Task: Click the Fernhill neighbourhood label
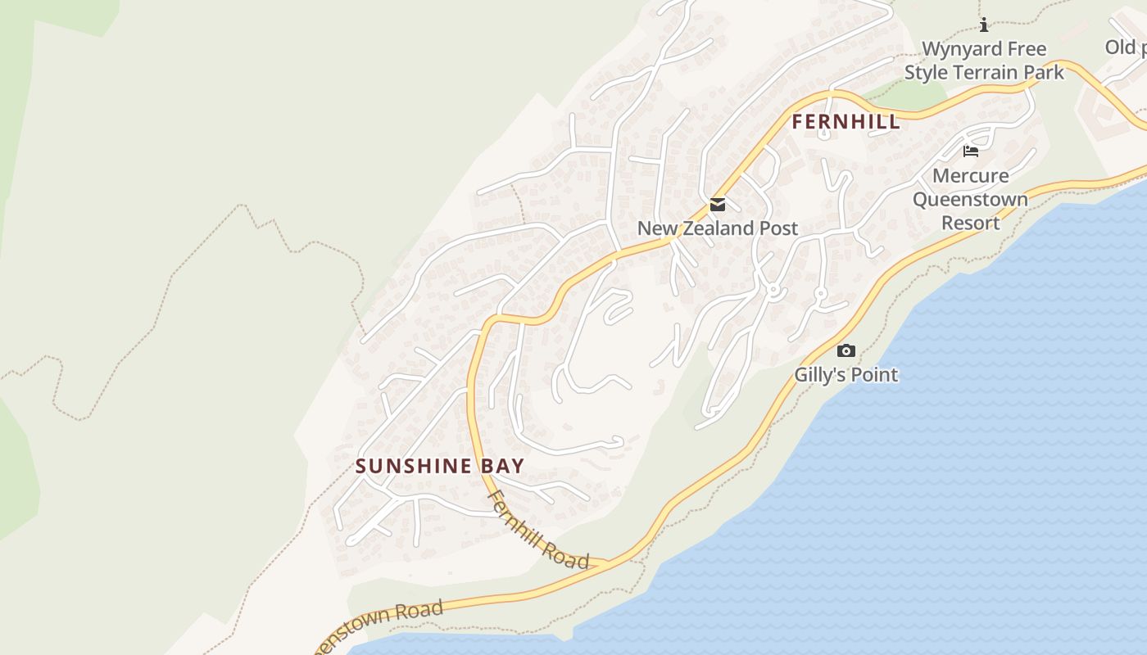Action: tap(846, 123)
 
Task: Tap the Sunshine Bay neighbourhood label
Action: tap(440, 467)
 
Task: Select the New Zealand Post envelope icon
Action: tap(718, 205)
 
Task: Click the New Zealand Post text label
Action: tap(718, 228)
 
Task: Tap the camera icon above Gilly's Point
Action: tap(846, 351)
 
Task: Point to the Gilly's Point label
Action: tap(846, 375)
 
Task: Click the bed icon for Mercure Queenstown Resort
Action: tap(971, 151)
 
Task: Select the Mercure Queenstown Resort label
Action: tap(970, 199)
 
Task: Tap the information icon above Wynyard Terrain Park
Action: tap(984, 25)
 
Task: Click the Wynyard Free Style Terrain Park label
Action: tap(984, 61)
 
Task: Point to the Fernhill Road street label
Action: tap(537, 530)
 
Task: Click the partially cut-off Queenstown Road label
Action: tap(381, 624)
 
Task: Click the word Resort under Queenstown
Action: tap(970, 223)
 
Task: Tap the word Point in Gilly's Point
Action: tap(875, 375)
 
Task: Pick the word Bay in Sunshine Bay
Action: tap(502, 467)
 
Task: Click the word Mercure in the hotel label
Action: tap(970, 175)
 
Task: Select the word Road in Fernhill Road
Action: tap(567, 553)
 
